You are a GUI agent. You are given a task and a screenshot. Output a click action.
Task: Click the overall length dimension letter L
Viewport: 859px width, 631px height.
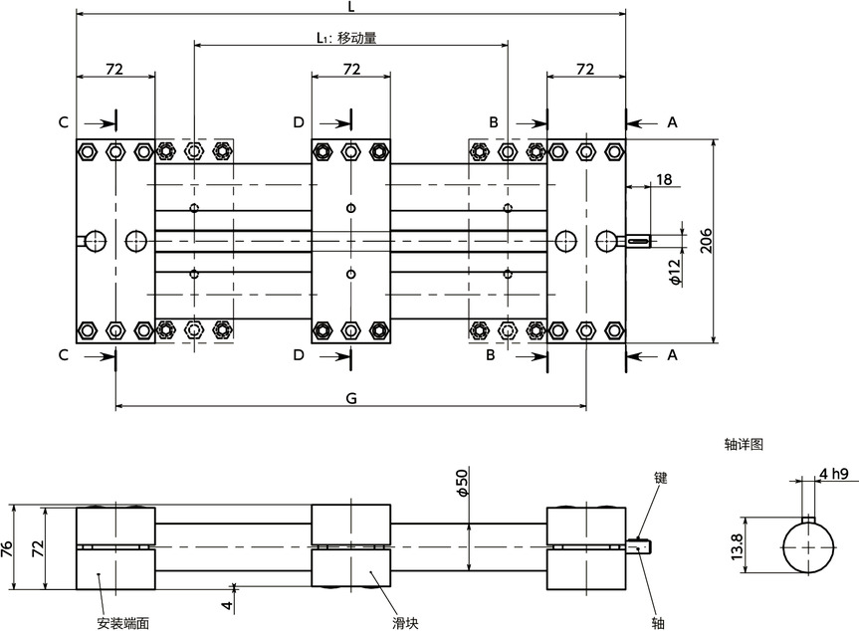pos(351,7)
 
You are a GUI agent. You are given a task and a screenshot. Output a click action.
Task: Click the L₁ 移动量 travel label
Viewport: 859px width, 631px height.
pos(345,39)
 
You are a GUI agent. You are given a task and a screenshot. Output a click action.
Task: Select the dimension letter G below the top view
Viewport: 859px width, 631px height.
pos(350,397)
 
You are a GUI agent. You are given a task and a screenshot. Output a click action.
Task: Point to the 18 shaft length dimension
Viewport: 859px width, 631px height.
pos(664,179)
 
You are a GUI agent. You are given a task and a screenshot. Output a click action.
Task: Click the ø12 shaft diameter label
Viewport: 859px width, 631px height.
pos(674,271)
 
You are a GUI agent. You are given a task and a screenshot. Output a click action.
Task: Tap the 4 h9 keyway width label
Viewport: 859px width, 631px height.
pos(833,474)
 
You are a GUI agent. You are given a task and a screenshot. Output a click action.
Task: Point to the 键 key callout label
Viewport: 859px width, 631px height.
pos(660,478)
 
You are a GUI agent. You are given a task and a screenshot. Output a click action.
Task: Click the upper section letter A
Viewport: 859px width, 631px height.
pos(672,121)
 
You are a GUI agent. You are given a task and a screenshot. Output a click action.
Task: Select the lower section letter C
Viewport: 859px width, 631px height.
pos(63,354)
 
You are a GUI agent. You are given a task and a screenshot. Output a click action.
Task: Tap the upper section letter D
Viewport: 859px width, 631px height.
pos(298,121)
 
